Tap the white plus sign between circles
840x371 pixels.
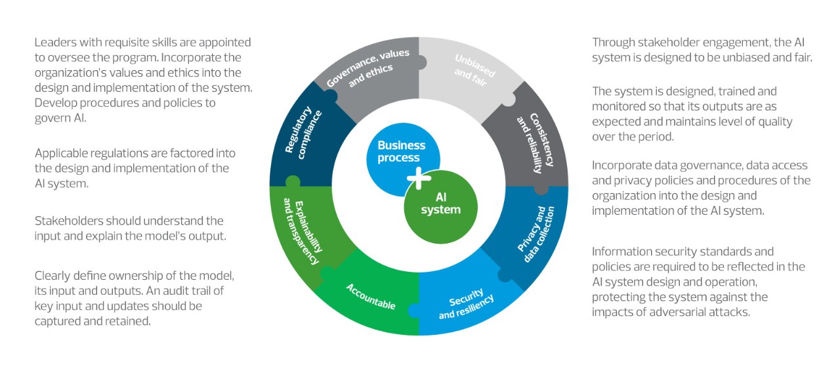(418, 178)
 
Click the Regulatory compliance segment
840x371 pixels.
(302, 135)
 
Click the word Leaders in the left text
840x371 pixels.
(54, 43)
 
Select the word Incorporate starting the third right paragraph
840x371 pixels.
(622, 165)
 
